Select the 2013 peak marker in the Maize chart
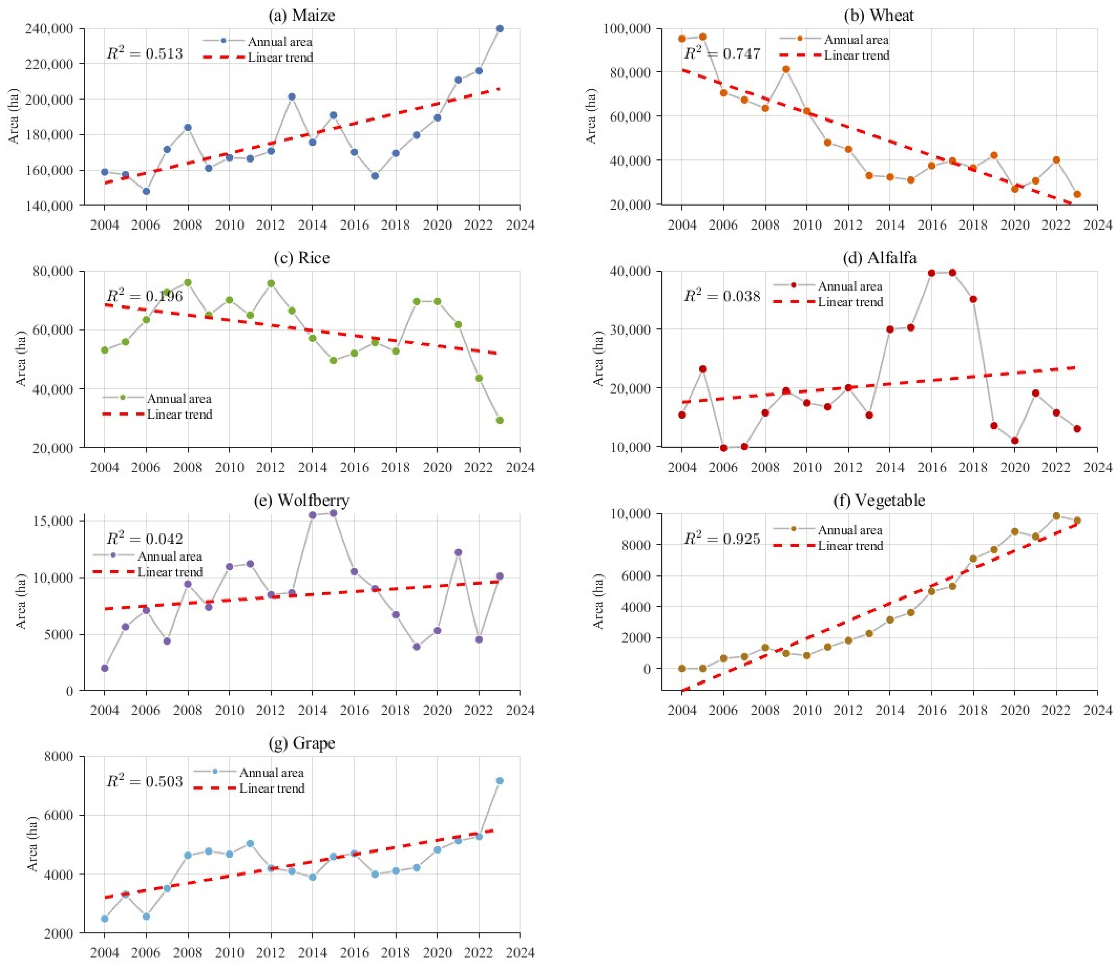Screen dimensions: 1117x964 click(x=292, y=97)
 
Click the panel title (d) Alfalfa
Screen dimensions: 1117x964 click(x=879, y=258)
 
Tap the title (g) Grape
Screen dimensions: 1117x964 click(x=302, y=743)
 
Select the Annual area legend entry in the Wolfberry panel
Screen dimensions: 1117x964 click(x=148, y=556)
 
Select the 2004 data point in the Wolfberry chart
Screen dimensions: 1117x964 click(x=105, y=668)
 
